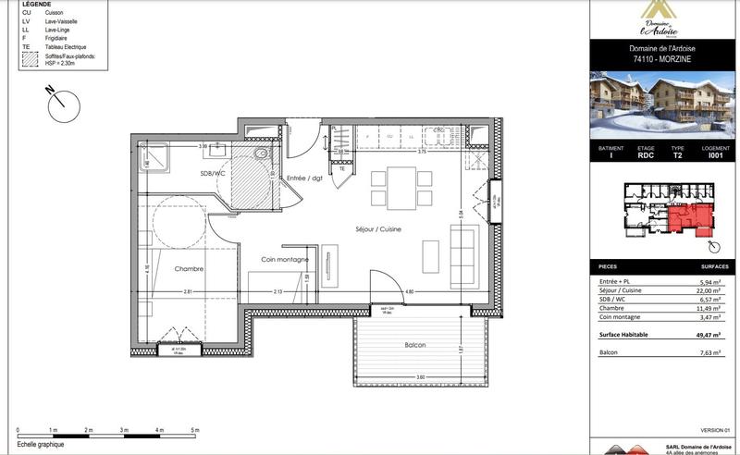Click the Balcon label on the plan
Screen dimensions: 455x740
[413, 345]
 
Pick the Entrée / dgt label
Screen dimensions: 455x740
[303, 178]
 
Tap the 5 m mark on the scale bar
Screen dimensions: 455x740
[194, 431]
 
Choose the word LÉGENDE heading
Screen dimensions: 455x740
[36, 5]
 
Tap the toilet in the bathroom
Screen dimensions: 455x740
[262, 153]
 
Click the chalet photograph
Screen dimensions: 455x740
[664, 104]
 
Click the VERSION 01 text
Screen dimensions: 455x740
[715, 428]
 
